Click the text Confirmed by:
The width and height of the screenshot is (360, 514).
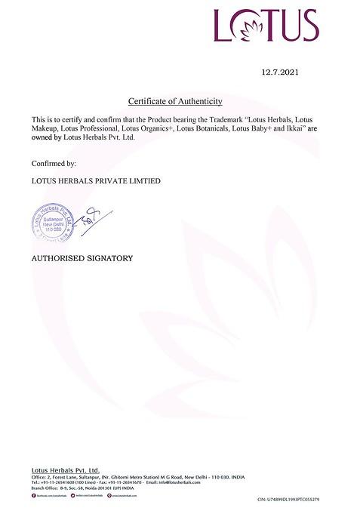(x=54, y=162)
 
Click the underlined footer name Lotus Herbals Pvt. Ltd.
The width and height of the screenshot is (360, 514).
(x=66, y=469)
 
